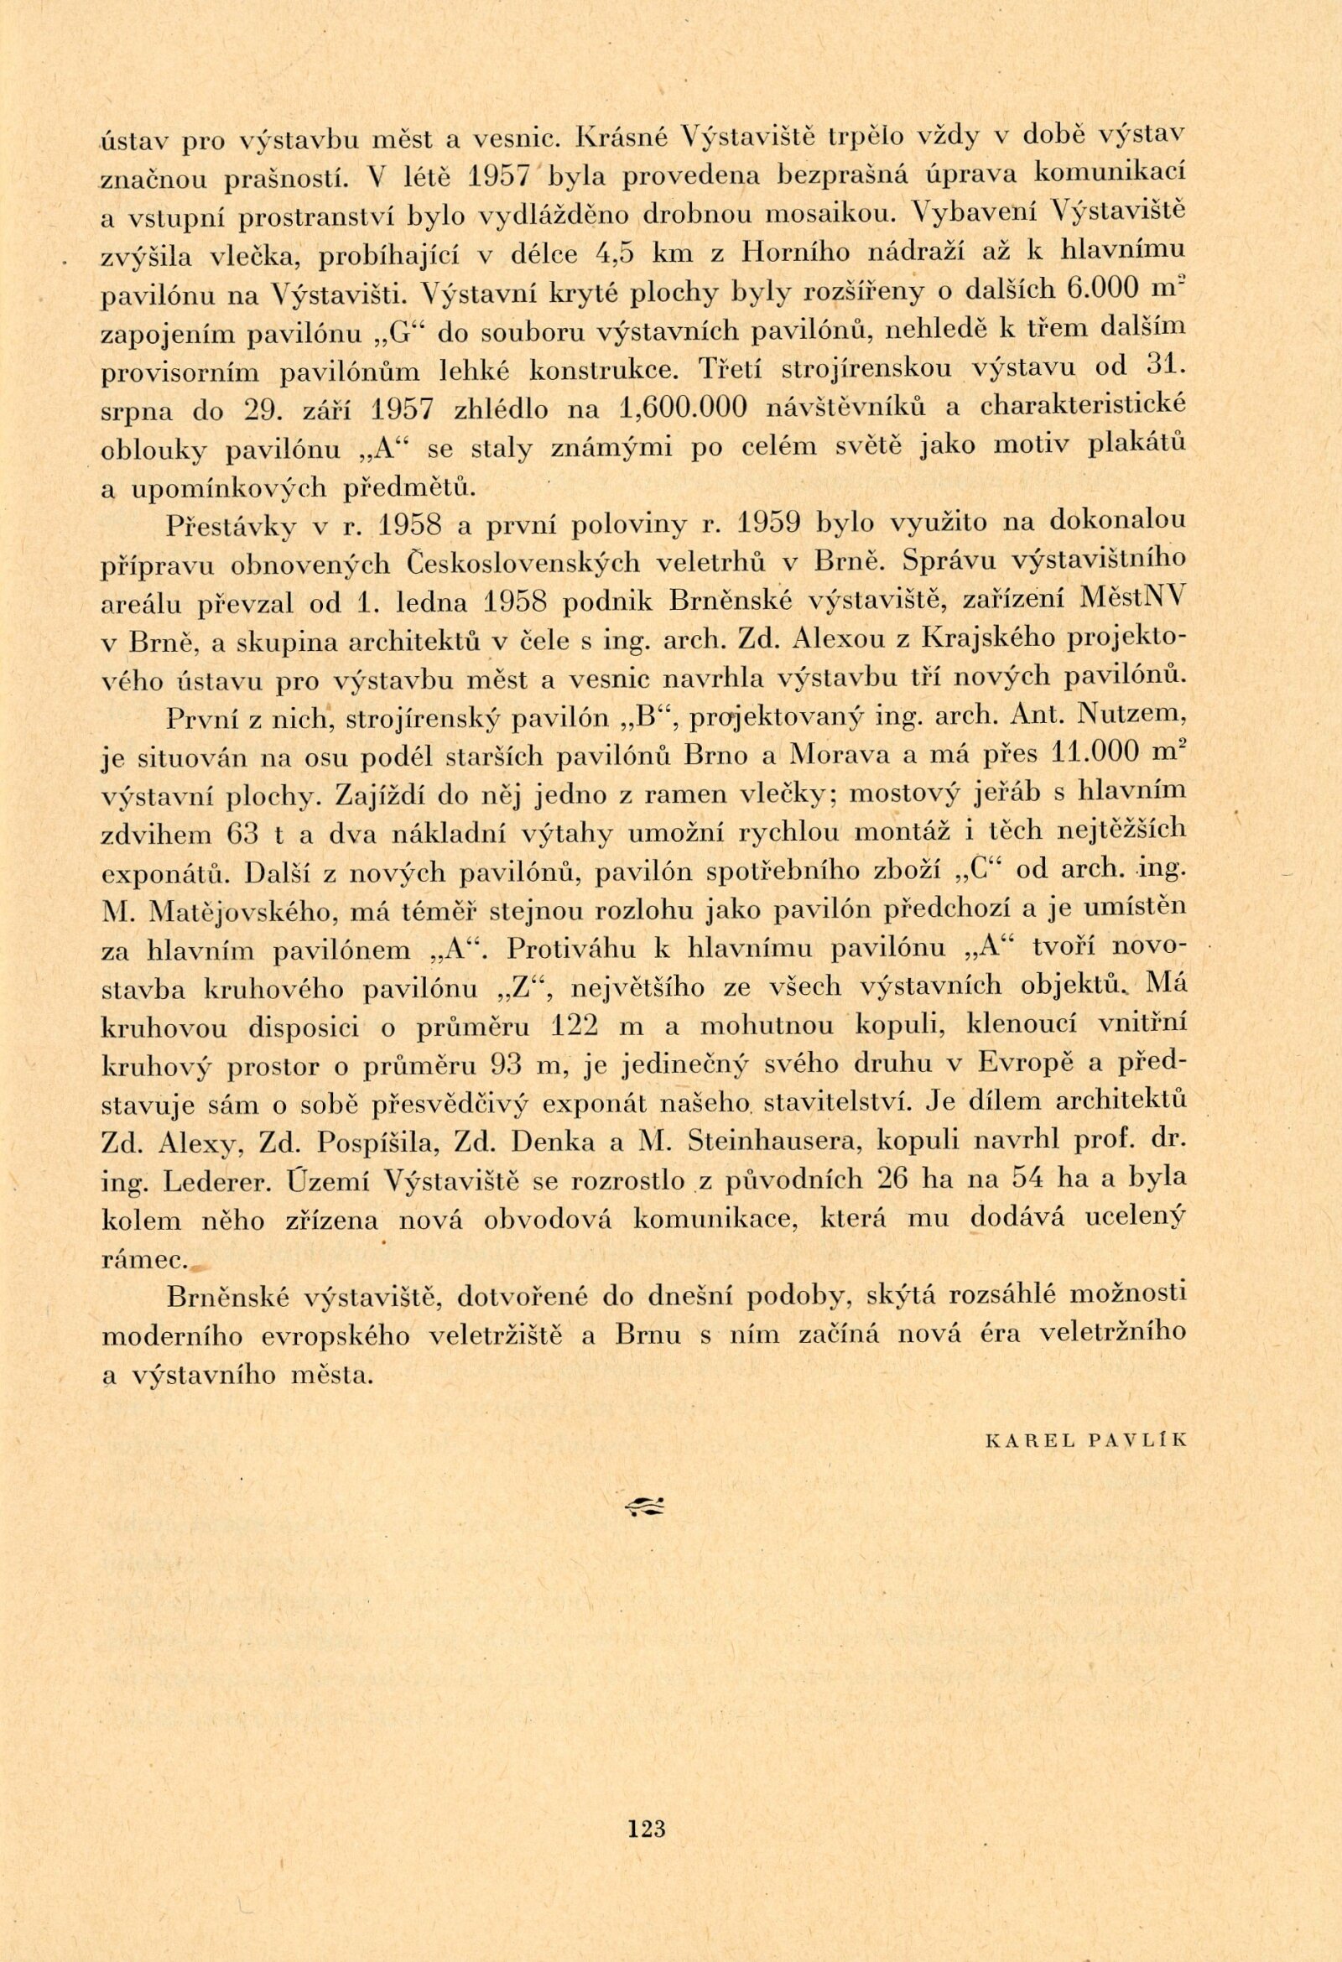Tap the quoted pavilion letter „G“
pos(393,331)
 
